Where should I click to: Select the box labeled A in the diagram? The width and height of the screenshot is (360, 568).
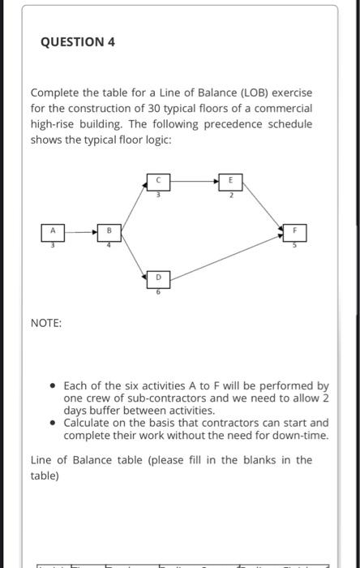(x=54, y=232)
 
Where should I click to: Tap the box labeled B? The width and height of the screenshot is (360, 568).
(x=107, y=231)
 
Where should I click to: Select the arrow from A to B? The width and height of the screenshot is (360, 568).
(x=80, y=232)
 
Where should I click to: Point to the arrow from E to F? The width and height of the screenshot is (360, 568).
(x=263, y=207)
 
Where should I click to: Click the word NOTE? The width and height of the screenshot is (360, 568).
(x=46, y=323)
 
